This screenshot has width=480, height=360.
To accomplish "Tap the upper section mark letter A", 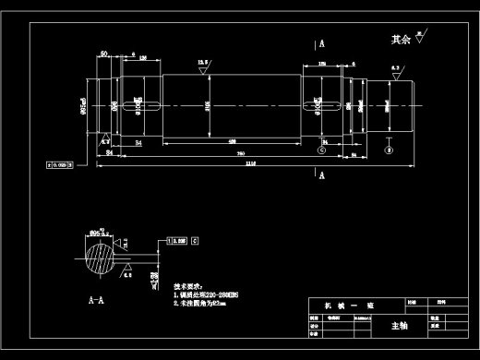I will pyautogui.click(x=322, y=43).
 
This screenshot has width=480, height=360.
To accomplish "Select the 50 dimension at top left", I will pyautogui.click(x=105, y=55).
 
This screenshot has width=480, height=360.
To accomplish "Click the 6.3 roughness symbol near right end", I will pyautogui.click(x=395, y=70).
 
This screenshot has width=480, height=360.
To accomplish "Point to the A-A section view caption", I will pyautogui.click(x=94, y=301).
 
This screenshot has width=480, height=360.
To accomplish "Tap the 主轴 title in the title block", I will pyautogui.click(x=399, y=326).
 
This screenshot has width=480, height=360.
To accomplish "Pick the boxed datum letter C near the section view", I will pyautogui.click(x=196, y=239).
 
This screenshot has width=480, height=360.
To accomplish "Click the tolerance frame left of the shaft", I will pyautogui.click(x=60, y=165).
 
